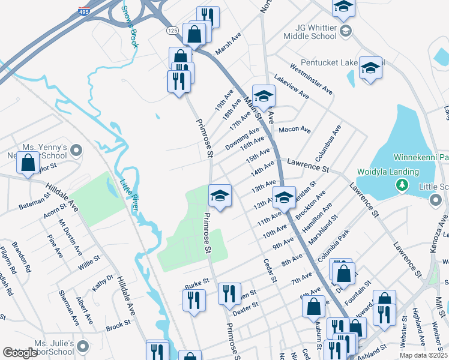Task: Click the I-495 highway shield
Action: (x=83, y=11)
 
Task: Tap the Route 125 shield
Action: (x=173, y=30)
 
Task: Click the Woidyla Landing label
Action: (x=387, y=172)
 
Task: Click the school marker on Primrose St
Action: (x=220, y=195)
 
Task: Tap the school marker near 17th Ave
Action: (x=263, y=96)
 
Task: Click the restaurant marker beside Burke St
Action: (x=194, y=300)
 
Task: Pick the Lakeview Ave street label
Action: (x=291, y=86)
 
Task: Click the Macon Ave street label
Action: (x=295, y=130)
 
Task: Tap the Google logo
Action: (x=20, y=353)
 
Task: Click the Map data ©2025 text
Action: (x=423, y=355)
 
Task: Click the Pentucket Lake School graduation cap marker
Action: (x=370, y=67)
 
